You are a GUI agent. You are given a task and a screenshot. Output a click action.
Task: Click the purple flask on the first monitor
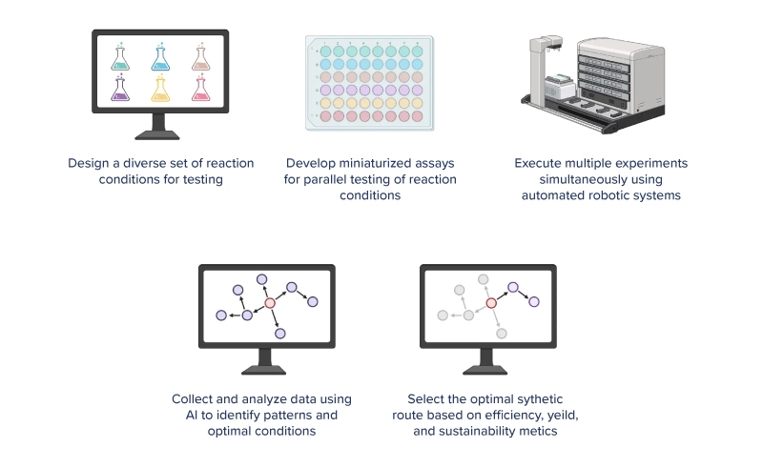(121, 90)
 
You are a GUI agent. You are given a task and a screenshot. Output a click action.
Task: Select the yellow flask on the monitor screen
(160, 90)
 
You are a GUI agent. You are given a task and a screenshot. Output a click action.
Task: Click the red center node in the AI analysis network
(270, 303)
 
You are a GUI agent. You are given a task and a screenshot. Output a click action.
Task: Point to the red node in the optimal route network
(491, 303)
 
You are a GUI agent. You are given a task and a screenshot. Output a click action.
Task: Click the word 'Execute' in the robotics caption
(538, 163)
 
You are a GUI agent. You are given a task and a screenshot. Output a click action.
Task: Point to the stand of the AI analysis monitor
(270, 361)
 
